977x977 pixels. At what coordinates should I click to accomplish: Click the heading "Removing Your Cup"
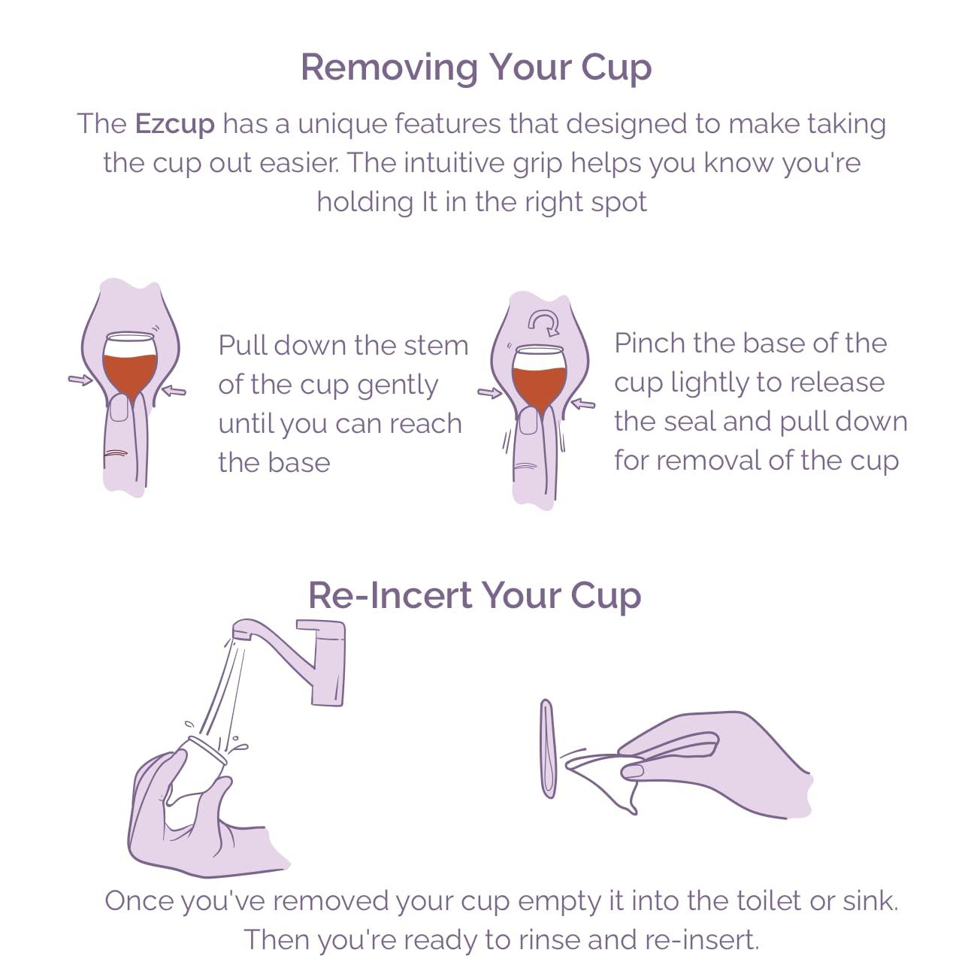(x=476, y=67)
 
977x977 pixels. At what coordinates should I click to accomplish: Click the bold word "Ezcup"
(x=174, y=123)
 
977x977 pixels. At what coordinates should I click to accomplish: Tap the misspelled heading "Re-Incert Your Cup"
(x=474, y=595)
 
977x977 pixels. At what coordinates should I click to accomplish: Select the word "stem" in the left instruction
(x=435, y=346)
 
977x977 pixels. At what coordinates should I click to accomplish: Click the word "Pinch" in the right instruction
(x=649, y=343)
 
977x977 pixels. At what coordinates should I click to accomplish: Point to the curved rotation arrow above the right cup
(x=543, y=324)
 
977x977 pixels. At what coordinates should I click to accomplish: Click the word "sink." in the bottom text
(x=870, y=900)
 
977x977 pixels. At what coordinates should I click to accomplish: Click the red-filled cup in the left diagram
(x=130, y=364)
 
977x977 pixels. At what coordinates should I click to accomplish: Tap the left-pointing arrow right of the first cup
(x=174, y=390)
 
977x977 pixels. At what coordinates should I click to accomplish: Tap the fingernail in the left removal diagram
(x=119, y=410)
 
